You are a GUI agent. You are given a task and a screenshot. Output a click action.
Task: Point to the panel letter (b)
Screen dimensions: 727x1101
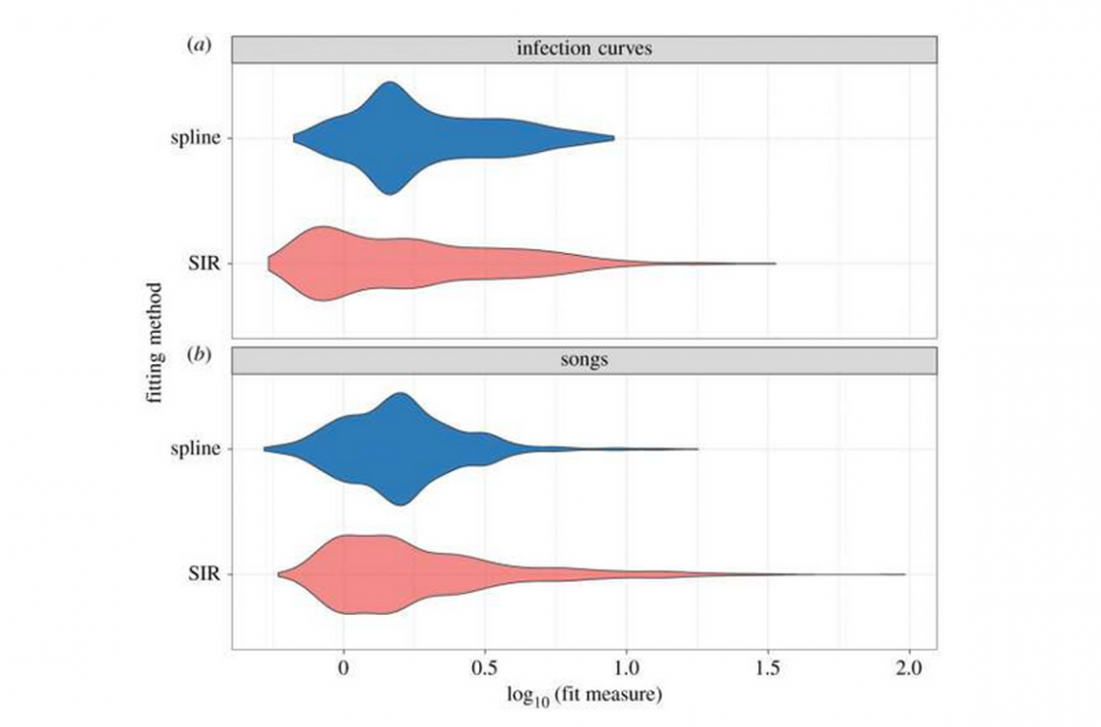point(199,357)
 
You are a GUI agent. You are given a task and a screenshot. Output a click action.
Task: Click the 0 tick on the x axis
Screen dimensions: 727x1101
point(345,667)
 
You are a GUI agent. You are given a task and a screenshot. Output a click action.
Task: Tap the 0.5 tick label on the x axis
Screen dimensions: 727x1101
point(485,667)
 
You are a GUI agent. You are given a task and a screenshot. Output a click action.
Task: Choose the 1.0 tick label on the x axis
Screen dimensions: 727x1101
point(626,667)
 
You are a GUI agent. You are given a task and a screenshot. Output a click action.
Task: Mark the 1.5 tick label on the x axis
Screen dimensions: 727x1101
point(768,667)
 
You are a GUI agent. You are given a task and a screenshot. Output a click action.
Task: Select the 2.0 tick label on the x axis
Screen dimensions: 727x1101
point(909,667)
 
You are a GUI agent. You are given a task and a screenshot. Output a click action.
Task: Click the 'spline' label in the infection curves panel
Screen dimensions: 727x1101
point(199,138)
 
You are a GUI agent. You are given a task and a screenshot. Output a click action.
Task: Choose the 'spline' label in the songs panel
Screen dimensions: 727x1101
point(199,449)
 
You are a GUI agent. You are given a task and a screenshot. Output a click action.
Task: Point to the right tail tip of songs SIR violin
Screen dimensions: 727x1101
point(904,574)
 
